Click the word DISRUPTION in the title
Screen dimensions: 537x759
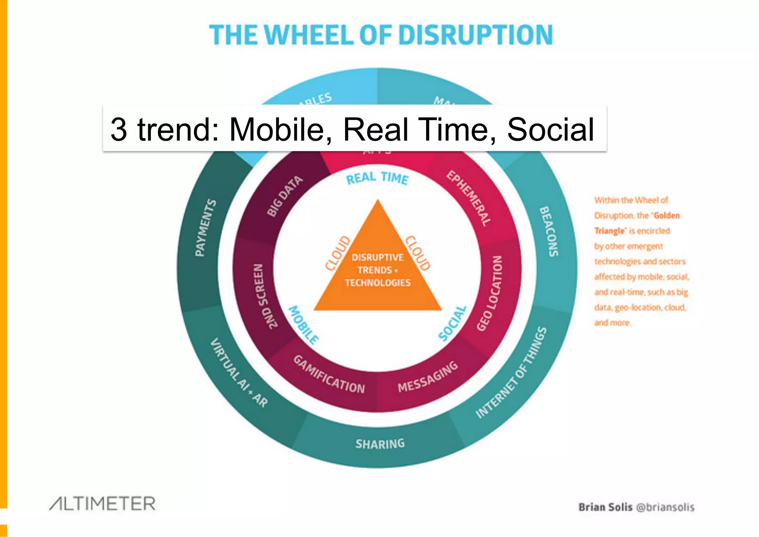coord(476,35)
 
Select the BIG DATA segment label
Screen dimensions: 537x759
coord(285,196)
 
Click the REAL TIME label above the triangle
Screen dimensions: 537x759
coord(377,178)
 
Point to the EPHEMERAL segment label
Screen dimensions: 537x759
coord(469,198)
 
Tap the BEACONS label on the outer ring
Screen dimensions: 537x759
coord(549,231)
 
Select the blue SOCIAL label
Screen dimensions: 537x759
coord(452,323)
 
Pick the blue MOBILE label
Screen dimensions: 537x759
coord(304,325)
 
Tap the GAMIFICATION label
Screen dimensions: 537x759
coord(329,375)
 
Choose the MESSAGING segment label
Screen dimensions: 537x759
coord(428,377)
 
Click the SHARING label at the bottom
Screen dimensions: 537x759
coord(380,444)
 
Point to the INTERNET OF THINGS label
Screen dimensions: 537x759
coord(511,372)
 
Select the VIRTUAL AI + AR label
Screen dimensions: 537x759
coord(239,373)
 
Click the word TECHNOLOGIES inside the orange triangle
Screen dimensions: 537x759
coord(378,283)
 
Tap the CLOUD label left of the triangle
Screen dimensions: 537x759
coord(338,253)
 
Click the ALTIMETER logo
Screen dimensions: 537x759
coord(103,504)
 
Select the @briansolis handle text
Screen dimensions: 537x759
coord(665,507)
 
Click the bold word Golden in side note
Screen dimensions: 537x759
coord(667,216)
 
